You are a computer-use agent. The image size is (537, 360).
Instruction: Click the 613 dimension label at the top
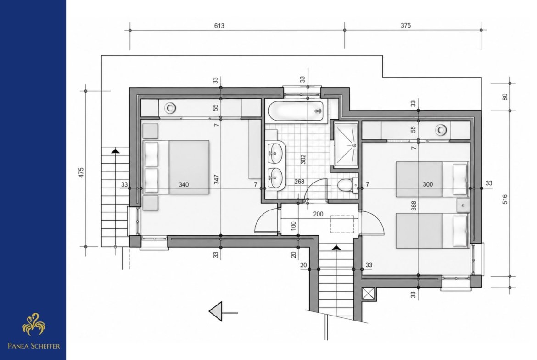coord(219,26)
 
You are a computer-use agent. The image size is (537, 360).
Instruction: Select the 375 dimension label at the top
coord(405,25)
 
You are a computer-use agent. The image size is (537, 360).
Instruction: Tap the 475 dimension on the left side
coord(81,172)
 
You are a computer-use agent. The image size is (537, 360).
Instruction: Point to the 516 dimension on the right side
coord(505,199)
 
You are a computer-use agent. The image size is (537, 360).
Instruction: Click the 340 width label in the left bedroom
coord(184,185)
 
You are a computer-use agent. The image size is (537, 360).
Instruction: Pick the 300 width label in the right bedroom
coord(428,184)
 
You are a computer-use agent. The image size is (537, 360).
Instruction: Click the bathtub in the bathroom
coord(296,111)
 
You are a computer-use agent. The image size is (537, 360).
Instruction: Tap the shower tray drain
coord(354,145)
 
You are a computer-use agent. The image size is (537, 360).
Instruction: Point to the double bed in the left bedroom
coord(176,167)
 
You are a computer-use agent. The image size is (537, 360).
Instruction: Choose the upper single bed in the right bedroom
coord(432,179)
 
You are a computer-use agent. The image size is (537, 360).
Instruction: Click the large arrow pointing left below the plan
coord(224,311)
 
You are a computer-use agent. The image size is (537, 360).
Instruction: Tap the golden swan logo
coord(34,324)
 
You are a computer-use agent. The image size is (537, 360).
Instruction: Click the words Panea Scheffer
coord(34,346)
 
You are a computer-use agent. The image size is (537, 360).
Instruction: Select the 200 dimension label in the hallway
coord(318,214)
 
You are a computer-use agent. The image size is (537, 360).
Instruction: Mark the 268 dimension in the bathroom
coord(299,182)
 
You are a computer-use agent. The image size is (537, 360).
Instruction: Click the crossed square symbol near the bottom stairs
coord(369,294)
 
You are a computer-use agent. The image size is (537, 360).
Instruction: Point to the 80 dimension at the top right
coord(505,97)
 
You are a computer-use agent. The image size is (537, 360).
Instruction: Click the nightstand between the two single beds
coord(463,205)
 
